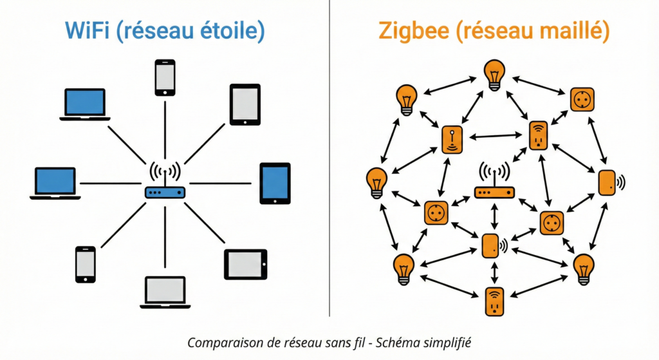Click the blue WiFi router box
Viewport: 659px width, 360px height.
coord(165,192)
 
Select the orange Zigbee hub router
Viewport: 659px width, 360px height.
coord(494,192)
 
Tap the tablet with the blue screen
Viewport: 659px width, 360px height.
coord(275,184)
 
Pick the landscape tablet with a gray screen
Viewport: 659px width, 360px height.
coord(245,264)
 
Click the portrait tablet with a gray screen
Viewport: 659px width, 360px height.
coord(245,104)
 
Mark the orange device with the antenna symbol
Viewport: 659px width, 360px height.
coord(452,139)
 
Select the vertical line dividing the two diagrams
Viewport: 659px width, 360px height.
coord(329,161)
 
